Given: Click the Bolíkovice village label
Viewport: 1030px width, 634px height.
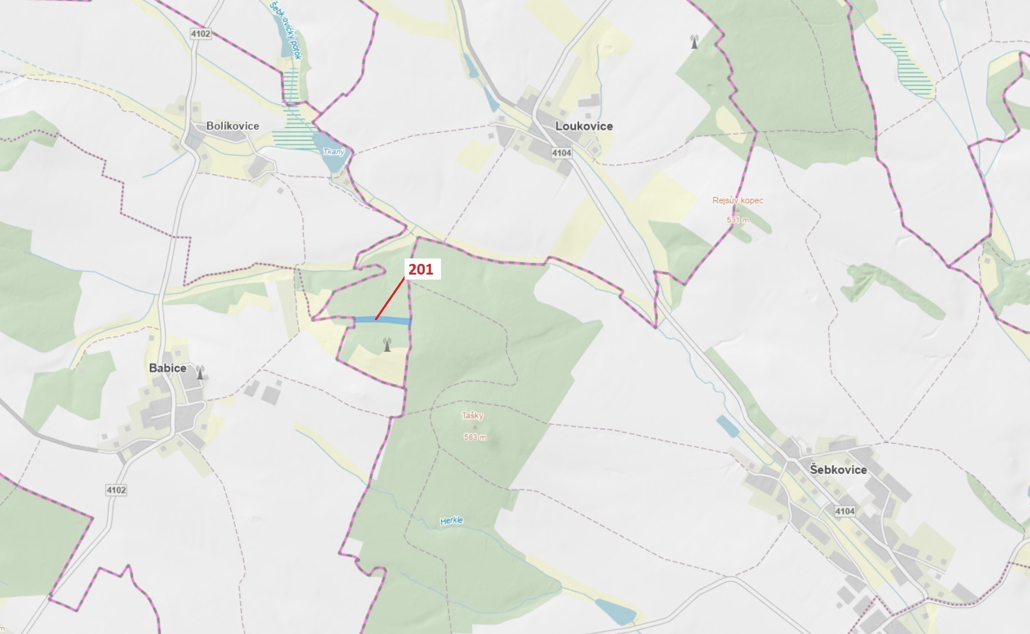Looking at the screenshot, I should click(232, 126).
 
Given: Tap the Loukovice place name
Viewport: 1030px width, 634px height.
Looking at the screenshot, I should click(584, 126).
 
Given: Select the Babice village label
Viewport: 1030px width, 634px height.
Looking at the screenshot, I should click(168, 368).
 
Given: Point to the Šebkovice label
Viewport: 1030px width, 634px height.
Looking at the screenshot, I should click(838, 470).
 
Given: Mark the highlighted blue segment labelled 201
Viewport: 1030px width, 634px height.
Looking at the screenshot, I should click(383, 321).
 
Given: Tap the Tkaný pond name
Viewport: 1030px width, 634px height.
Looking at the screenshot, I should click(333, 151).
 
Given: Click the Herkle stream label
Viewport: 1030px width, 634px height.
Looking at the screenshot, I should click(452, 521).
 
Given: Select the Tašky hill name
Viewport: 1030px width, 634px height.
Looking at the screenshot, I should click(472, 416).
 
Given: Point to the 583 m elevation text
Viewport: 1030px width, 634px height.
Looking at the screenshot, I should click(475, 437).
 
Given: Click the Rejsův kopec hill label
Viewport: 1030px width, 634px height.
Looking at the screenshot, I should click(738, 200).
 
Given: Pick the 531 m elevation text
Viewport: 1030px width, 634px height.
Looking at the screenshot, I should click(738, 220).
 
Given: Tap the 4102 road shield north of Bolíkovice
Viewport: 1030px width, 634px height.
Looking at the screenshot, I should click(201, 34).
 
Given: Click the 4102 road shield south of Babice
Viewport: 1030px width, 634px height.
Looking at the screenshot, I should click(116, 490).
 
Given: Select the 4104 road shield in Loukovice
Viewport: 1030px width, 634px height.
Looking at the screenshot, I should click(562, 153).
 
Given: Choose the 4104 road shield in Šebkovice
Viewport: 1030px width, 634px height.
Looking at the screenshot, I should click(845, 511).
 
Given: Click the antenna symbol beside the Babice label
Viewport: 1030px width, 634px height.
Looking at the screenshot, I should click(200, 373).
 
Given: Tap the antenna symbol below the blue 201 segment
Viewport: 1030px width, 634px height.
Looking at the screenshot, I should click(386, 345).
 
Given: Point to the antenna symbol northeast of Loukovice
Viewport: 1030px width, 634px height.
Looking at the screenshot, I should click(694, 41).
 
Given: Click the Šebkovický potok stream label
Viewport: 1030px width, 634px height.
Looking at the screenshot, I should click(285, 30).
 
